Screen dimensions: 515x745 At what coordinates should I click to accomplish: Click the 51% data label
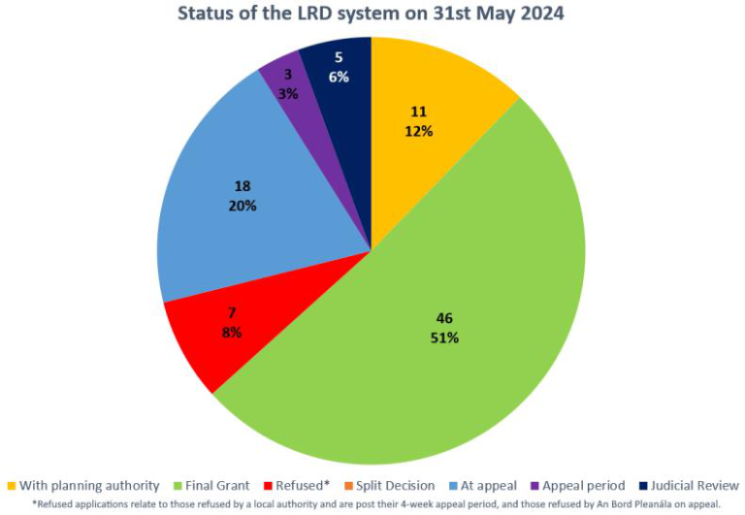coord(445,338)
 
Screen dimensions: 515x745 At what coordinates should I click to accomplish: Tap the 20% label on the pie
coord(243,206)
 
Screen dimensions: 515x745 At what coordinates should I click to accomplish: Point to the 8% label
coord(231,333)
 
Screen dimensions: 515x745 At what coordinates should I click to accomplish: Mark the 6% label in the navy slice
coord(337,77)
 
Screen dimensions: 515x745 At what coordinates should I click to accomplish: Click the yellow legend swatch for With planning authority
coord(11,485)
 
